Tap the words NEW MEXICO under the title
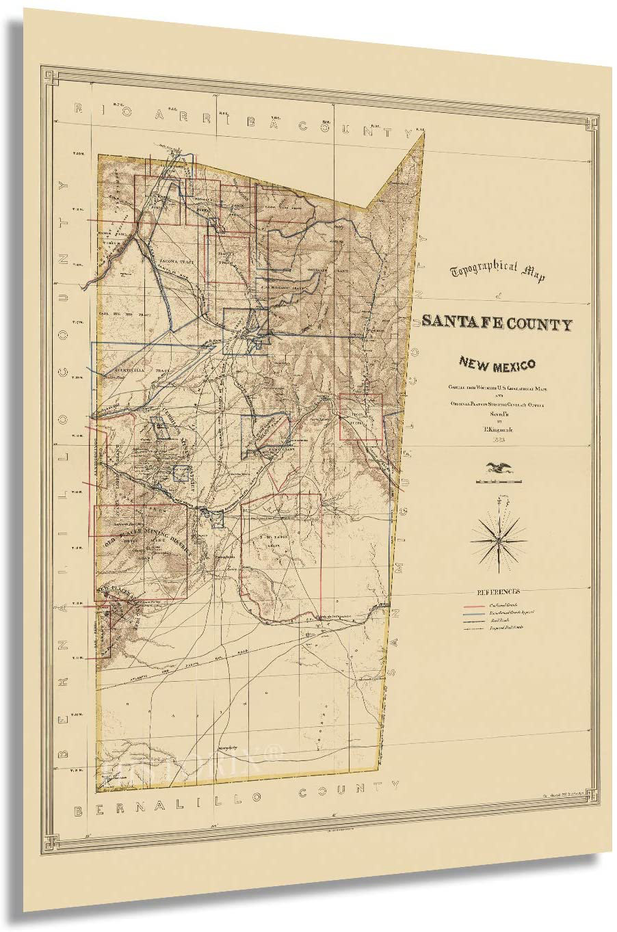click(497, 366)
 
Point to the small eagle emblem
click(498, 468)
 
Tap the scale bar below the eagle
click(498, 481)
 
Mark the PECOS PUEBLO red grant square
click(360, 417)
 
